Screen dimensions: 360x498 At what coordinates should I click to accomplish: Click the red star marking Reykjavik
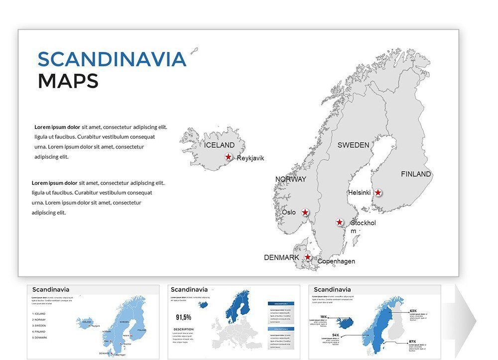[228, 157]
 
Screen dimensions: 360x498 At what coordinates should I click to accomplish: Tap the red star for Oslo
[305, 213]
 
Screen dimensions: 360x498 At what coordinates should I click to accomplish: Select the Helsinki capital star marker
[378, 193]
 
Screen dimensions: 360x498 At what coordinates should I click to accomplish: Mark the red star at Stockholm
[340, 222]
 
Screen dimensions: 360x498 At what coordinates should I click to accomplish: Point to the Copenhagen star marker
[308, 257]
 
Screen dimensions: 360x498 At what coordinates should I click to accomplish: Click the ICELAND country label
[219, 145]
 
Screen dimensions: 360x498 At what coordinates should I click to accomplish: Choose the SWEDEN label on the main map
[353, 145]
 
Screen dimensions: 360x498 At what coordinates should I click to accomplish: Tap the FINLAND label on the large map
[416, 174]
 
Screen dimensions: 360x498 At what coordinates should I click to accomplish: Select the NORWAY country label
[291, 179]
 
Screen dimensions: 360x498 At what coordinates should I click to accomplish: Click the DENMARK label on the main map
[281, 257]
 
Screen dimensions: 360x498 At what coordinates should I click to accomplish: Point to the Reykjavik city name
[250, 158]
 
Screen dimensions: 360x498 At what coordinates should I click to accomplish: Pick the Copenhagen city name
[336, 261]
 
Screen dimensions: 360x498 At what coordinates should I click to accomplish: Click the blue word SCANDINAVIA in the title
[112, 59]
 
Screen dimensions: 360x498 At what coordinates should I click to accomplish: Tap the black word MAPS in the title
[68, 81]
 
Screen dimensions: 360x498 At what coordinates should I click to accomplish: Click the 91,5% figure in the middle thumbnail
[183, 317]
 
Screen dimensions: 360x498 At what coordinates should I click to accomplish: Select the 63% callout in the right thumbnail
[413, 311]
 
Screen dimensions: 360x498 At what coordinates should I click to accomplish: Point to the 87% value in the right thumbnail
[412, 342]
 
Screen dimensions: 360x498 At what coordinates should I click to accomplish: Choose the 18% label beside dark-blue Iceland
[324, 317]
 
